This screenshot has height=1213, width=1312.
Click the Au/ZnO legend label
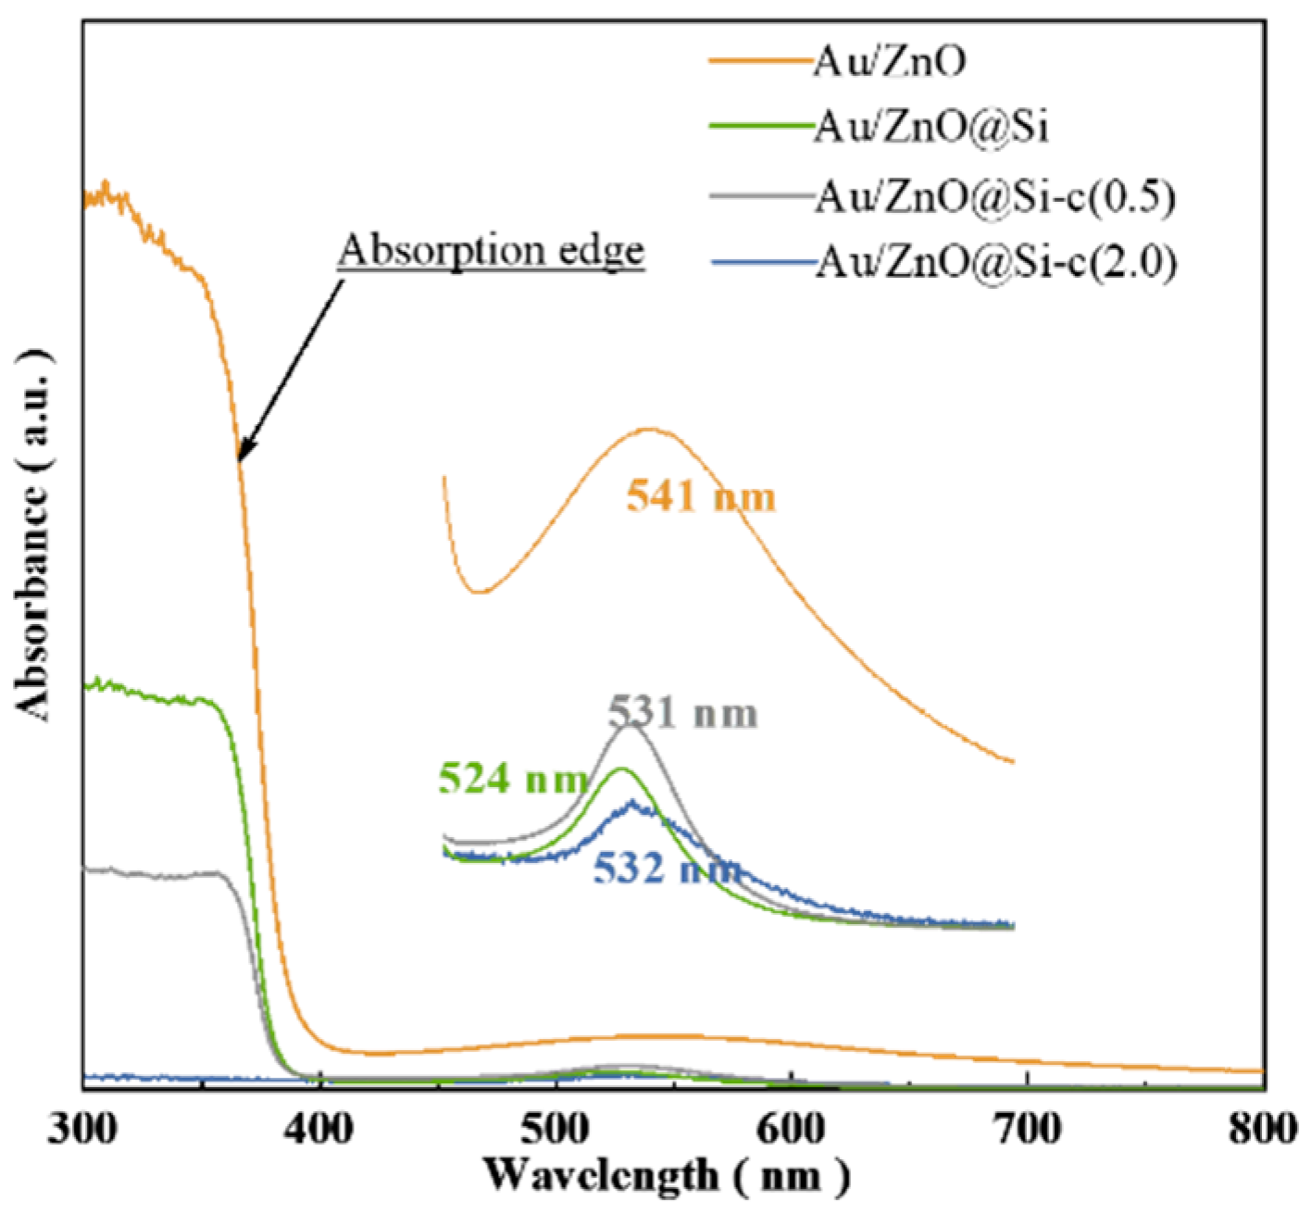coord(890,61)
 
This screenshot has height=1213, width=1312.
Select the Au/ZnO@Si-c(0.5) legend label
coord(995,197)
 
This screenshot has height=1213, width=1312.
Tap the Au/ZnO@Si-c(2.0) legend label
coord(995,264)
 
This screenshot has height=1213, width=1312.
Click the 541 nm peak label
coord(701,498)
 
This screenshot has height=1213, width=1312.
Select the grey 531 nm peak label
coord(683,714)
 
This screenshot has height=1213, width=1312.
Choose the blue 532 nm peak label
coord(668,869)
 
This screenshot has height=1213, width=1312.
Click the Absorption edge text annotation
coord(492,250)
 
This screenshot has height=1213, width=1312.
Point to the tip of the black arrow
coord(239,460)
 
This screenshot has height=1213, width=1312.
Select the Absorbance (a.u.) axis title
coord(34,534)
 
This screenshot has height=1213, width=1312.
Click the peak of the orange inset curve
coord(649,429)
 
